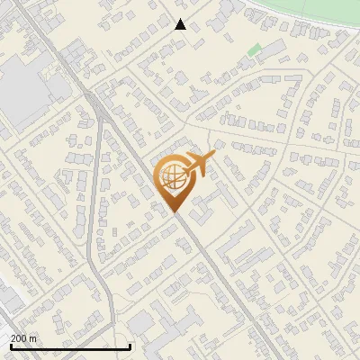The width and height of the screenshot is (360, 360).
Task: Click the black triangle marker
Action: (x=181, y=24)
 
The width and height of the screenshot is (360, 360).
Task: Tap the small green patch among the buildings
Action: (x=255, y=50)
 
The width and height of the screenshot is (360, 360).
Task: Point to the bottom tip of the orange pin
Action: (x=175, y=211)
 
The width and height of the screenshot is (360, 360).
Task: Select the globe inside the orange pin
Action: (x=172, y=177)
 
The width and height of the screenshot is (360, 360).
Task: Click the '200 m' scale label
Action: (x=24, y=338)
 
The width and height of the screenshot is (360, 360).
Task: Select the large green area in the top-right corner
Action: (x=315, y=11)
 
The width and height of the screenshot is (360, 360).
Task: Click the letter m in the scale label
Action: (x=33, y=338)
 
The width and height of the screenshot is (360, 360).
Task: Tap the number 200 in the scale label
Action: (x=19, y=338)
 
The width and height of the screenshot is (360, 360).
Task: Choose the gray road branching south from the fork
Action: (x=94, y=198)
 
